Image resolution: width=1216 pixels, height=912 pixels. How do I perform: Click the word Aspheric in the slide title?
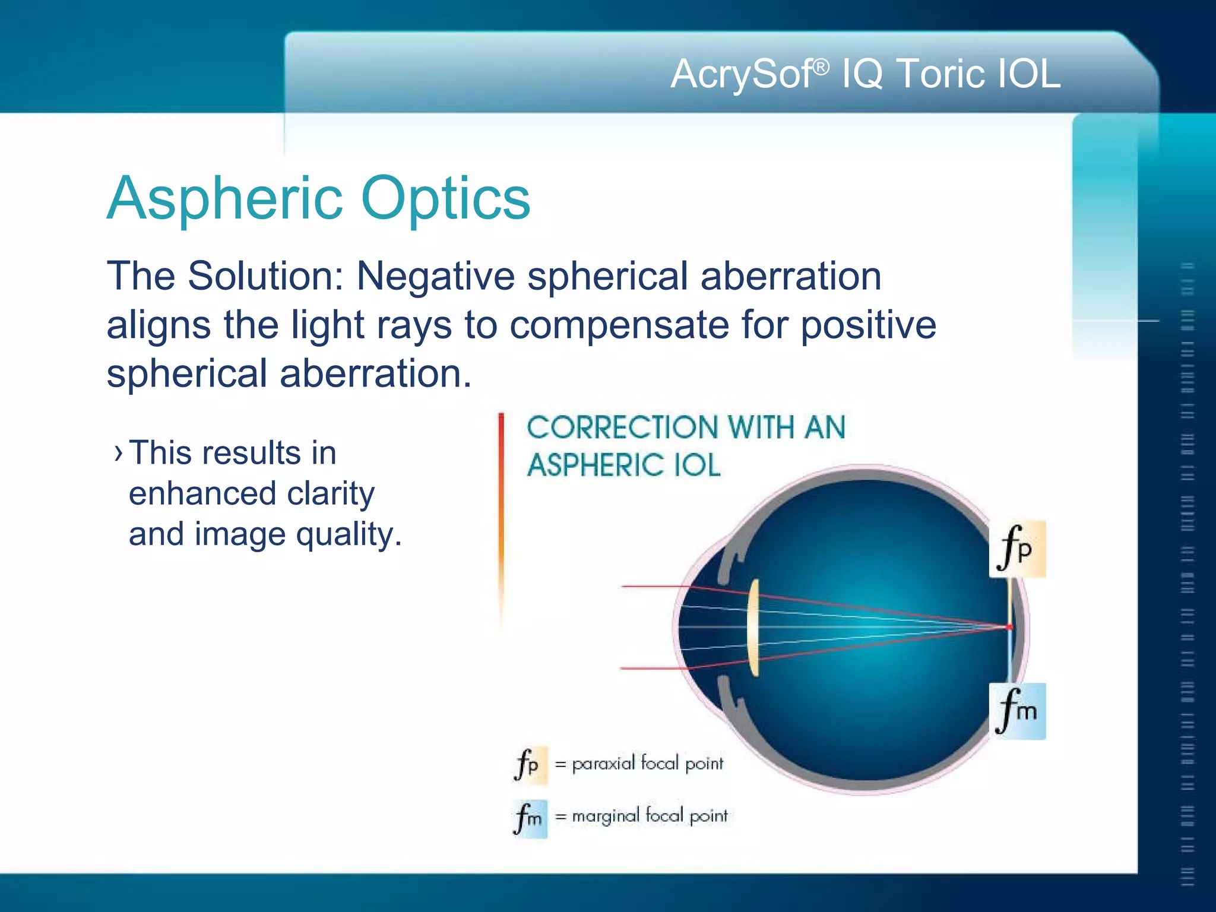[x=224, y=199]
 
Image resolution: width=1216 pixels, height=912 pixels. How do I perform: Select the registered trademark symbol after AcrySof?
[x=821, y=67]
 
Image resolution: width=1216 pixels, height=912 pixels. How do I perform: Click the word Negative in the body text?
[x=435, y=276]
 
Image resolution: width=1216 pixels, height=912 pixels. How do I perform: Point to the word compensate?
[x=619, y=325]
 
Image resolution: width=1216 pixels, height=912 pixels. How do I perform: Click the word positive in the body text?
[x=868, y=325]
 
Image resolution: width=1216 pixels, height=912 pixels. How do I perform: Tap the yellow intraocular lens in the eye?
[x=753, y=627]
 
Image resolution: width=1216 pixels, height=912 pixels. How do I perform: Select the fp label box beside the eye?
[x=1016, y=549]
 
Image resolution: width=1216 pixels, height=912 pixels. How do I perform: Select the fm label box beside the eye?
[x=1016, y=711]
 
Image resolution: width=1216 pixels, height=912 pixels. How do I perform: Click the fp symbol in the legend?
[x=529, y=765]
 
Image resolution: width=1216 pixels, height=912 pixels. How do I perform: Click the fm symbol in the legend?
[x=529, y=818]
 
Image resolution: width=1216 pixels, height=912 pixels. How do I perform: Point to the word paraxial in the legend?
[x=603, y=764]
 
